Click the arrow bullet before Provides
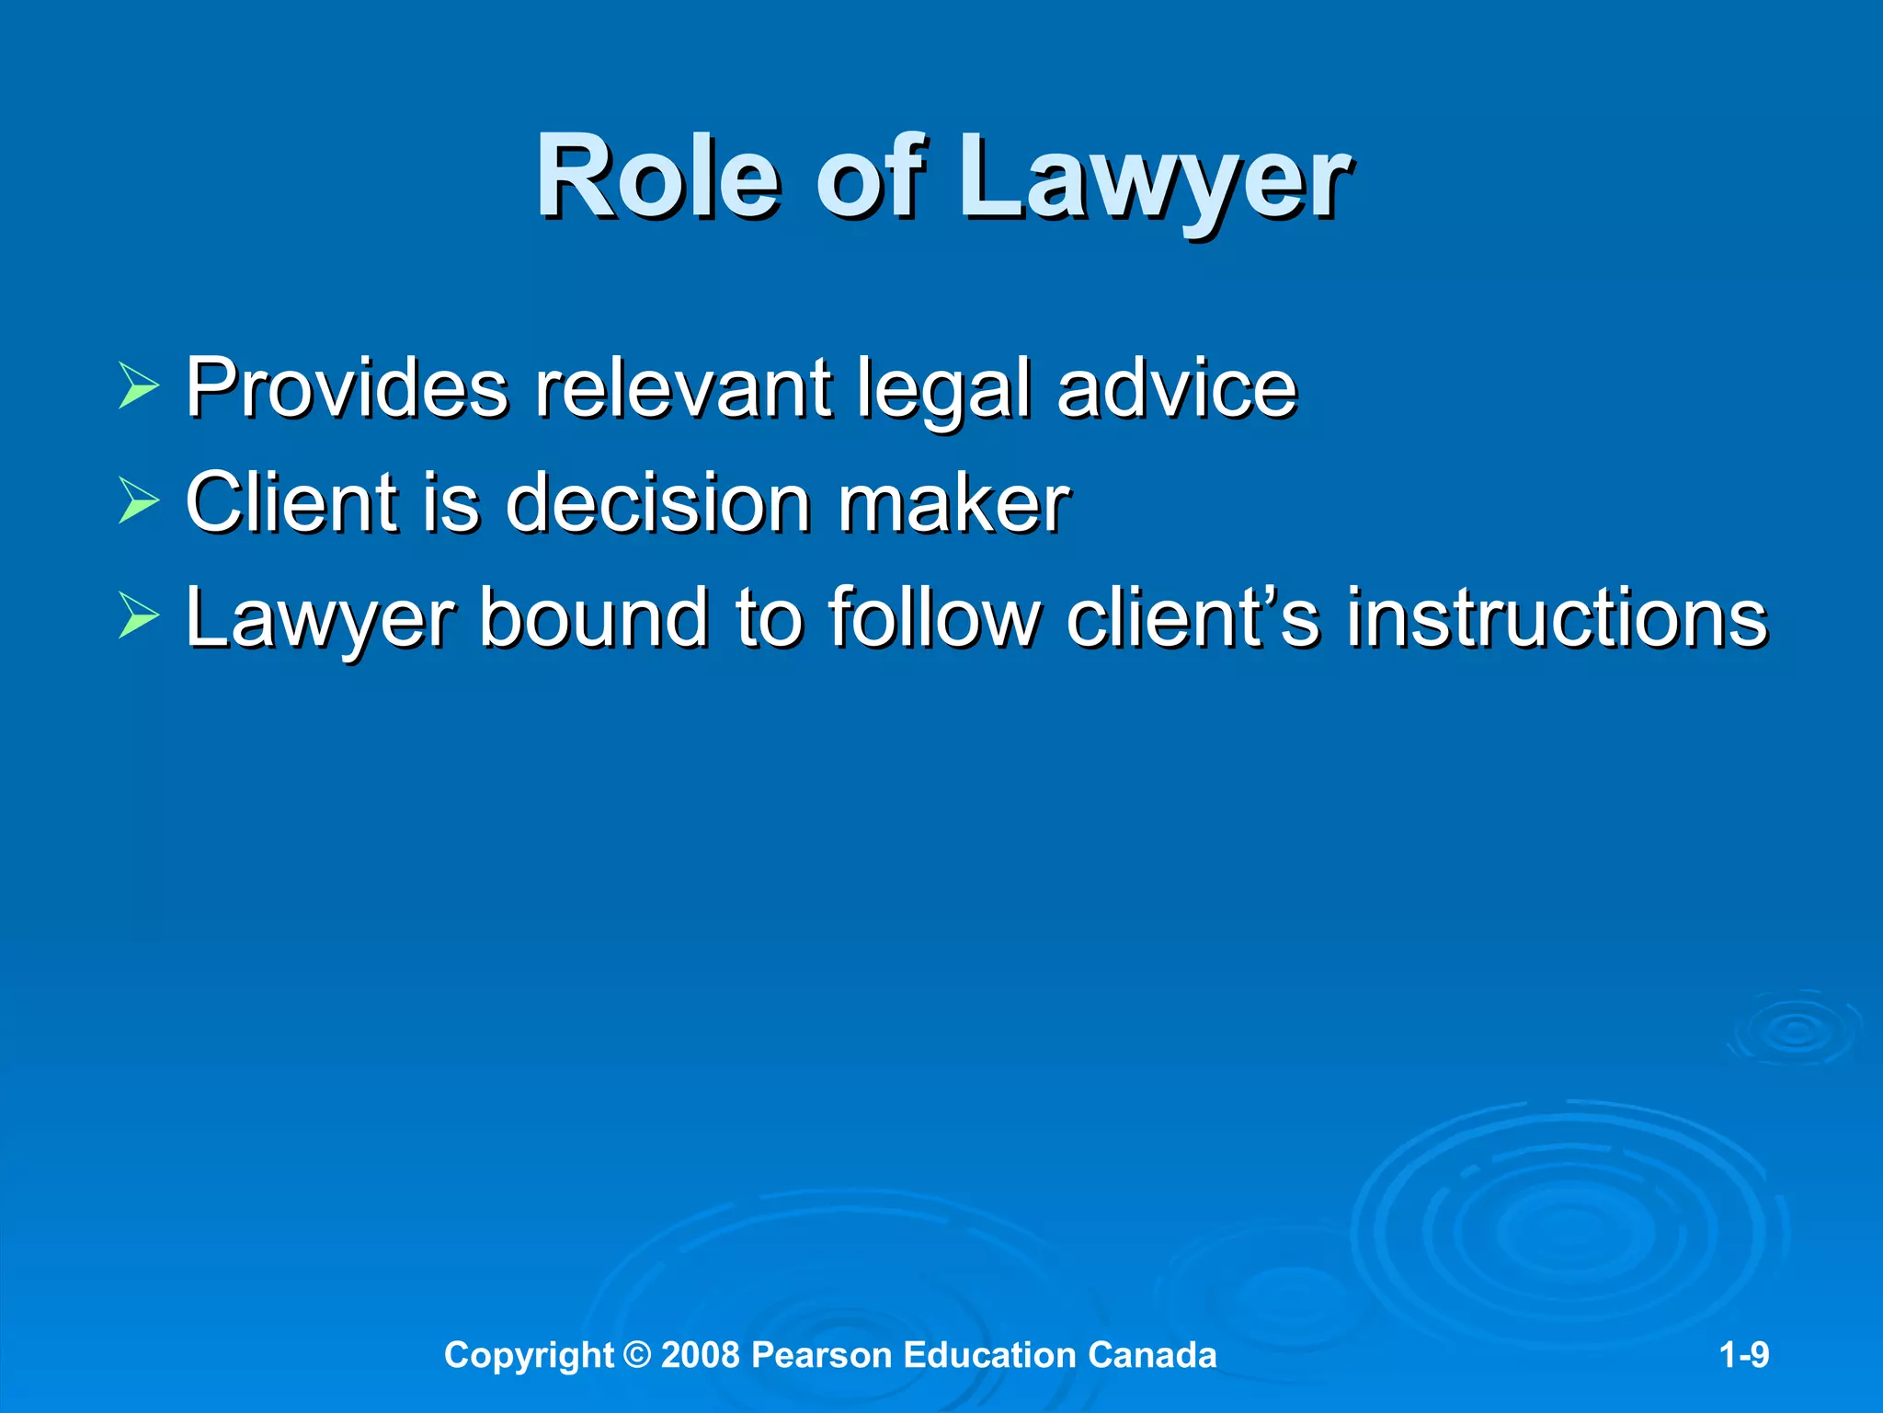coord(139,385)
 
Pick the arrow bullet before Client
coord(139,501)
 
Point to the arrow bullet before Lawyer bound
coord(139,616)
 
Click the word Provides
coord(347,387)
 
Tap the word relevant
coord(684,387)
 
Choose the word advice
coord(1176,387)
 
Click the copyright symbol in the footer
coord(636,1355)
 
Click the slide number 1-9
coord(1744,1355)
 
